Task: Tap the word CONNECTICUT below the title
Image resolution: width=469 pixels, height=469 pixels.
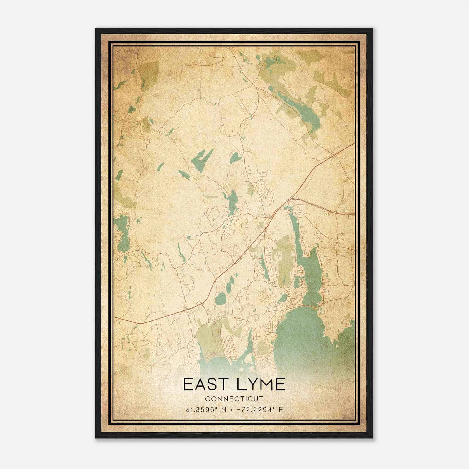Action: click(234, 399)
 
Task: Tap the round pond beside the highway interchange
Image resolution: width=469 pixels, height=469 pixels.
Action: click(220, 299)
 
